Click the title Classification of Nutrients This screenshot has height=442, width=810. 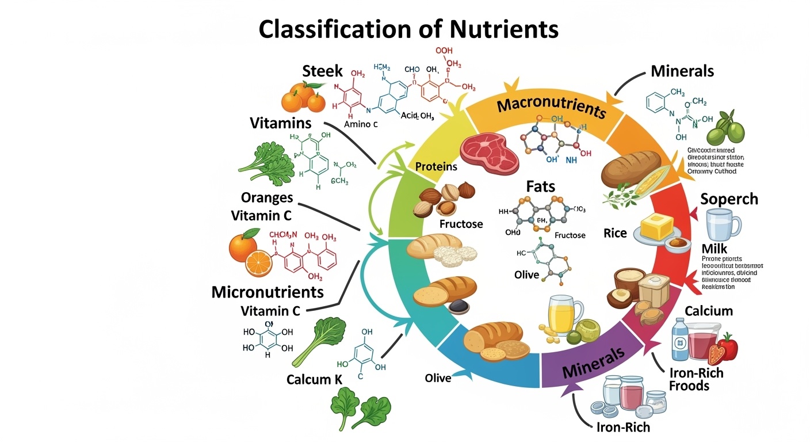click(408, 29)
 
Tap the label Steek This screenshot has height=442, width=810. click(322, 71)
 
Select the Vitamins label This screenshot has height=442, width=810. click(280, 123)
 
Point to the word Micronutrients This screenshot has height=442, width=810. click(268, 291)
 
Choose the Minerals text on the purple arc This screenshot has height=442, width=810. click(593, 363)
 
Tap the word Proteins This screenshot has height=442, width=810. click(436, 166)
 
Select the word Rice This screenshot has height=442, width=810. click(615, 233)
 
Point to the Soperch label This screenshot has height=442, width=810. click(729, 199)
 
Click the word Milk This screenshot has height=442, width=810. click(715, 249)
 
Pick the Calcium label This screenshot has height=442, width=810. click(709, 311)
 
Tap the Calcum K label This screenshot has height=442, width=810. click(310, 380)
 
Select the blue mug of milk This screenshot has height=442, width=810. click(723, 224)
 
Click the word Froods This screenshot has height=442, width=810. click(689, 386)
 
